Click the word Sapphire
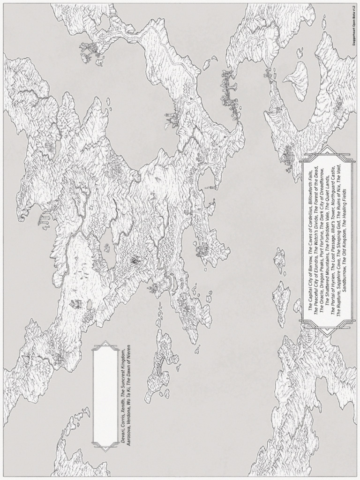(342, 281)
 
